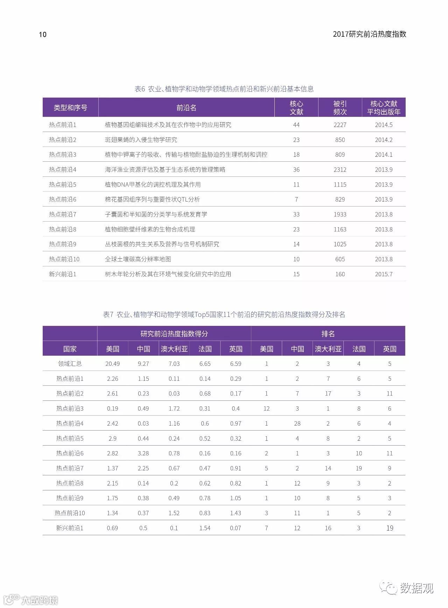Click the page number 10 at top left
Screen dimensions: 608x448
42,34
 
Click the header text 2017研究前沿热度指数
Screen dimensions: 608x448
369,34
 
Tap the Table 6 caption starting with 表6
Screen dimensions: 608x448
224,89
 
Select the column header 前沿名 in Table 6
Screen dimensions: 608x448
186,107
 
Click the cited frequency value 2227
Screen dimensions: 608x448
340,125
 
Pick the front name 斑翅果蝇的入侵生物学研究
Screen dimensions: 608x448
141,140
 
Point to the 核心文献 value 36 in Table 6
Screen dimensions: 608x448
296,170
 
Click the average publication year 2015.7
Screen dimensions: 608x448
384,274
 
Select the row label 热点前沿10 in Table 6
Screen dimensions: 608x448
64,259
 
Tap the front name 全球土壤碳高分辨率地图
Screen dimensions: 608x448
138,259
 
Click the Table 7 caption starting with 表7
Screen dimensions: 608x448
224,315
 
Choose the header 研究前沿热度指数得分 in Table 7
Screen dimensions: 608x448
174,334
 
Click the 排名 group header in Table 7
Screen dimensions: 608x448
328,334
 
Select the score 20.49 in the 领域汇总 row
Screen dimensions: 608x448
112,364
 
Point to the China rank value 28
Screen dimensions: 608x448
297,424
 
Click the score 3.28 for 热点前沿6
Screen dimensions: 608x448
143,453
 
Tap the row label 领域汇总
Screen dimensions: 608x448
70,364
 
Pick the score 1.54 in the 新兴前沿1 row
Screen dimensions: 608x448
205,528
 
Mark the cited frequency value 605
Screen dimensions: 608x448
340,259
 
